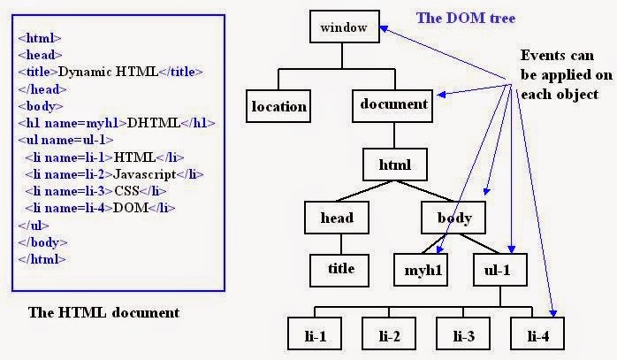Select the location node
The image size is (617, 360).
[278, 107]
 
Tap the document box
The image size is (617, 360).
[393, 104]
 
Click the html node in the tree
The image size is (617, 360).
[395, 165]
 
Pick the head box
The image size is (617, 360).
[336, 218]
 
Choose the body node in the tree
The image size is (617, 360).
[454, 218]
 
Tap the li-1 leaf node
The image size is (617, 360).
[316, 336]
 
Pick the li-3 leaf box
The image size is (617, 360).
[464, 336]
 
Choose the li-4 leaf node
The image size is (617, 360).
[537, 336]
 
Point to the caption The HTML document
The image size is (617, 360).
[103, 312]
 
